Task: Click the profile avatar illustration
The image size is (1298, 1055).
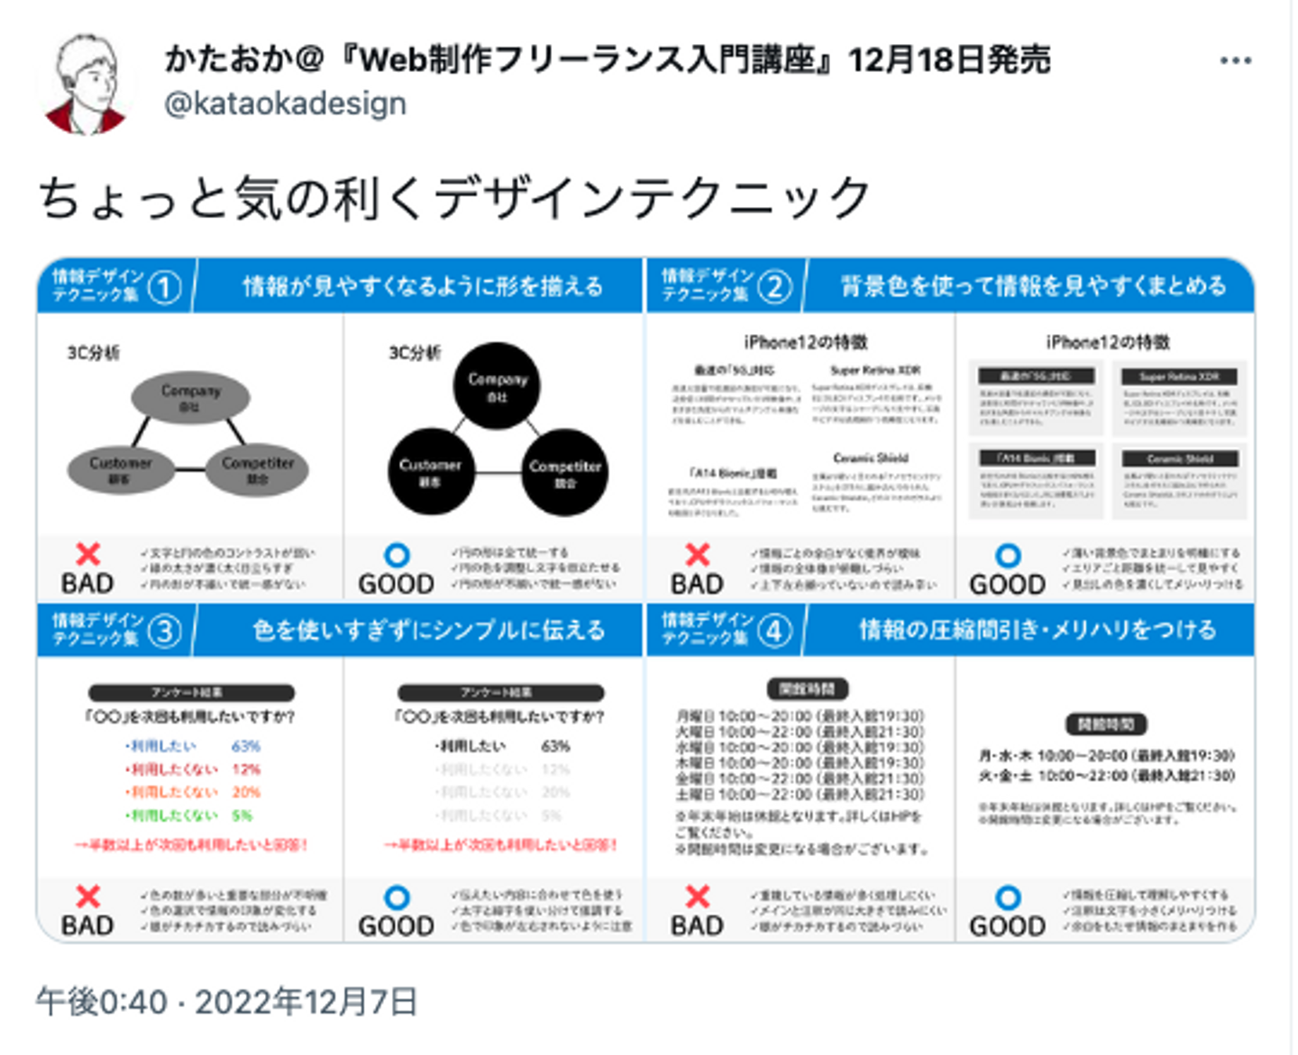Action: tap(87, 85)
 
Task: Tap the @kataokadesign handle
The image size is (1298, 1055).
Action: tap(285, 104)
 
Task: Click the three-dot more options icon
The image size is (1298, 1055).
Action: tap(1235, 60)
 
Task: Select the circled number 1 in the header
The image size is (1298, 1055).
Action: tap(164, 288)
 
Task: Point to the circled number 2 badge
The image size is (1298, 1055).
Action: tap(774, 287)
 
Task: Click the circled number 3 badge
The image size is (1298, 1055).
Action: tap(164, 632)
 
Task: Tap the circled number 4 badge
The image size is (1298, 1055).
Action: tap(774, 631)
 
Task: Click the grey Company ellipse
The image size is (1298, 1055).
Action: tap(189, 397)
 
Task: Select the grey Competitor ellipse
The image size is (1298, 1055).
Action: tap(258, 468)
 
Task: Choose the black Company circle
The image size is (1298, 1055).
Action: tap(498, 386)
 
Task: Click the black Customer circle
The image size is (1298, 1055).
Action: tap(430, 472)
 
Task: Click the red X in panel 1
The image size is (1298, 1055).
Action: tap(87, 553)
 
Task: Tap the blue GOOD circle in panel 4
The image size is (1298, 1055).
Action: tap(1008, 897)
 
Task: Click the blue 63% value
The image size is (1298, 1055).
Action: tap(245, 746)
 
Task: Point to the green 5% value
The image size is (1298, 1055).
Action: tap(242, 815)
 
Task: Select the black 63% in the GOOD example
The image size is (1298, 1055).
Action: tap(555, 746)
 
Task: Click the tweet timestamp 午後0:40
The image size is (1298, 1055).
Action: tap(101, 1002)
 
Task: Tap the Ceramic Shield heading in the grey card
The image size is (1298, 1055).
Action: tap(1180, 459)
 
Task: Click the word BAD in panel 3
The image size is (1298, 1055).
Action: tap(87, 926)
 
